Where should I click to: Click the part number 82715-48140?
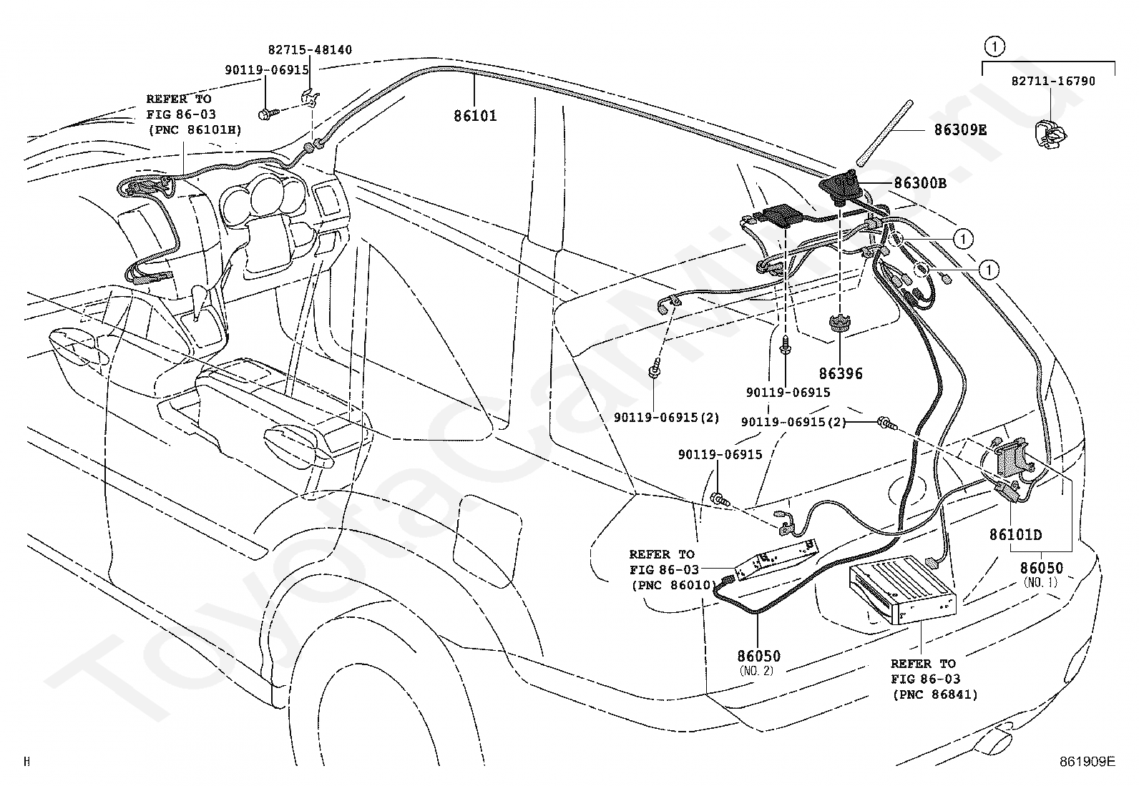(310, 50)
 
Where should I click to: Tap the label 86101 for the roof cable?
(475, 116)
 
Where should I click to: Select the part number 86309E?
(961, 130)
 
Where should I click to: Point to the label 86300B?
(920, 183)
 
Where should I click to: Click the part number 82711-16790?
(1053, 82)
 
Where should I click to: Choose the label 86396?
(841, 373)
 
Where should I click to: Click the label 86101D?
(1015, 534)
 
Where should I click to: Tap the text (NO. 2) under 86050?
(757, 671)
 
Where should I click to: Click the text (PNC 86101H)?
(195, 130)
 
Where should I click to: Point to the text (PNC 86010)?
(674, 585)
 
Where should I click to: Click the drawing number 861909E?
(1087, 761)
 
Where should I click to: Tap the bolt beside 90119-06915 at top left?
(268, 114)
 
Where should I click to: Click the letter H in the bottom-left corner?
(26, 761)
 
